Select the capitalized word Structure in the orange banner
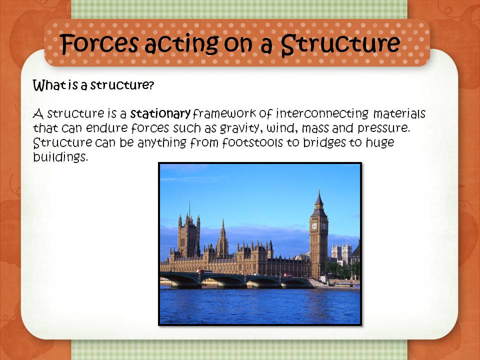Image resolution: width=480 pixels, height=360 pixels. pos(340,44)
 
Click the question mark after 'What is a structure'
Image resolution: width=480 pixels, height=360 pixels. pos(150,85)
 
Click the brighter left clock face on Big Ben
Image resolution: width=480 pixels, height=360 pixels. pos(314,226)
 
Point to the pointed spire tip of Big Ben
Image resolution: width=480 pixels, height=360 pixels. pos(318,191)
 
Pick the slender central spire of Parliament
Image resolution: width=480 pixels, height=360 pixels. pos(222,235)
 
